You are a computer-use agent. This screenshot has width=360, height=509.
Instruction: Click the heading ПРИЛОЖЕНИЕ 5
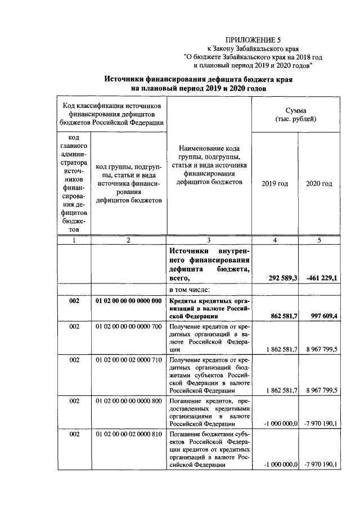[x=253, y=39]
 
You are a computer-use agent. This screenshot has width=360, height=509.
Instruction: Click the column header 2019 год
[x=275, y=184]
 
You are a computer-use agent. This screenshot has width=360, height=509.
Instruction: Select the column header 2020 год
[x=319, y=184]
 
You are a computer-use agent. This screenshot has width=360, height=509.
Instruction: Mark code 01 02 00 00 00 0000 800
[x=129, y=401]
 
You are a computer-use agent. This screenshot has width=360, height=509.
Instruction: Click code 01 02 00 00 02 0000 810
[x=129, y=435]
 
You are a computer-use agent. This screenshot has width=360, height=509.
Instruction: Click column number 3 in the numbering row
[x=209, y=240]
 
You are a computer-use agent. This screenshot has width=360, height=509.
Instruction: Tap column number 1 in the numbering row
[x=74, y=240]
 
